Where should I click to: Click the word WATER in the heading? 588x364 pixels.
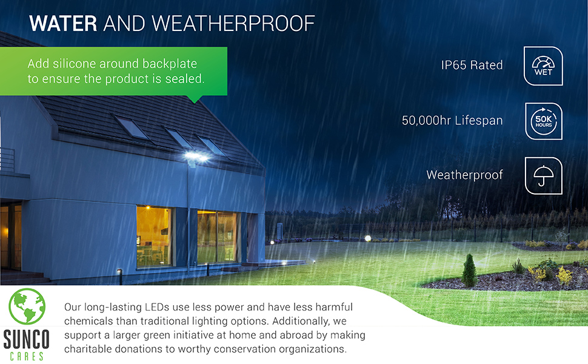tap(63, 24)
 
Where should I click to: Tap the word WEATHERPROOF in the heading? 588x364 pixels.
tap(233, 24)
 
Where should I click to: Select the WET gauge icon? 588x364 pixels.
tap(543, 66)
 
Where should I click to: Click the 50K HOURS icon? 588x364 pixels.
tap(543, 121)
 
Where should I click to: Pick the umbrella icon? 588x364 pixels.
tap(543, 175)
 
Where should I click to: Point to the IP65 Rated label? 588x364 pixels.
tap(472, 65)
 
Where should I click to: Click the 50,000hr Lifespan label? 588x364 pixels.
tap(452, 121)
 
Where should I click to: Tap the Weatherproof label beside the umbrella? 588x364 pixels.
tap(464, 175)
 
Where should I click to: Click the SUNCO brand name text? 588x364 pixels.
tap(27, 340)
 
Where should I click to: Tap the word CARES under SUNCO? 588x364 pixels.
tap(27, 356)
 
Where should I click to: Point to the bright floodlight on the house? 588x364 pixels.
tap(197, 157)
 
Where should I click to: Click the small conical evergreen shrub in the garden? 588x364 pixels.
tap(470, 271)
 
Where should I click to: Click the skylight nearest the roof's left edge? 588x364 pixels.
tap(131, 127)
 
